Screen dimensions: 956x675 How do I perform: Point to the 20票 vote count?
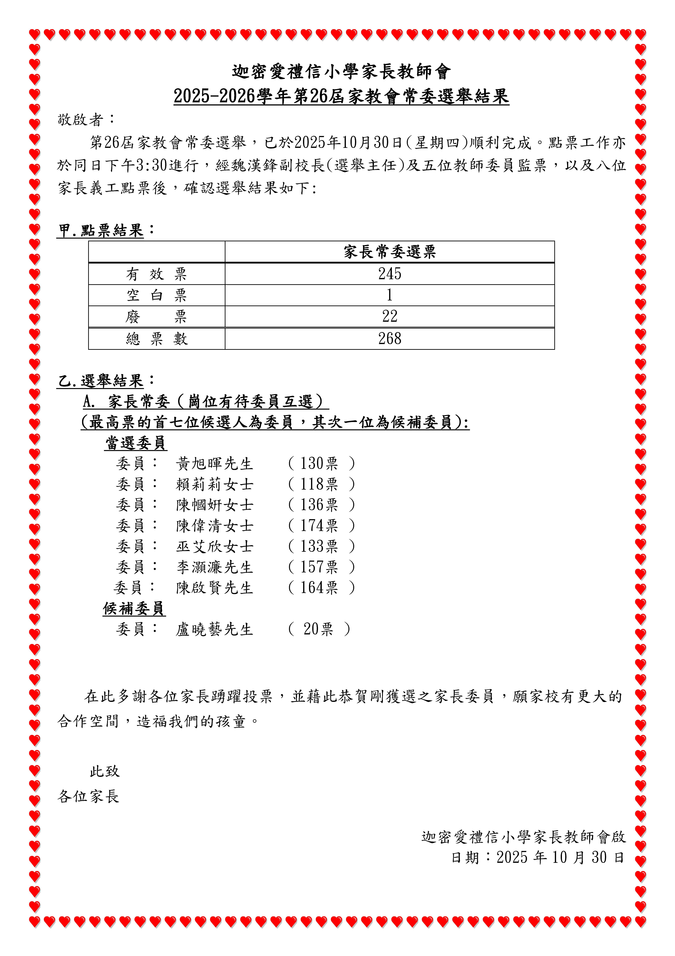pyautogui.click(x=318, y=629)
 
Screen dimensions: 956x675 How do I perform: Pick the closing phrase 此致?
pyautogui.click(x=104, y=772)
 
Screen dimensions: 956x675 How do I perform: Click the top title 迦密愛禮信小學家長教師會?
pyautogui.click(x=341, y=72)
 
